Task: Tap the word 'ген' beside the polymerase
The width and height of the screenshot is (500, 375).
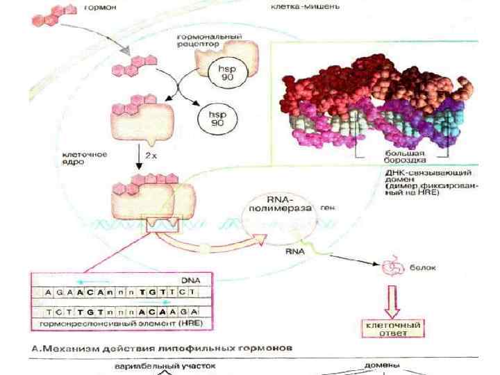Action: click(328, 207)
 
